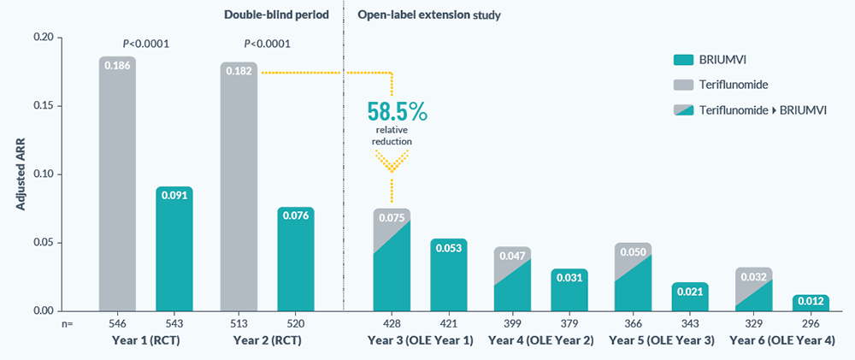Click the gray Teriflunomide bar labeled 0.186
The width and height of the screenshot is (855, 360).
point(117,184)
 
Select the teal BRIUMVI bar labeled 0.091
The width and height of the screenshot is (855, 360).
point(174,249)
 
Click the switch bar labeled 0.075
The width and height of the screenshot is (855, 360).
point(391,261)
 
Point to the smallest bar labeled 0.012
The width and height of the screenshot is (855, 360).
point(811,303)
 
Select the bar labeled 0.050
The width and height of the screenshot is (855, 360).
point(633,278)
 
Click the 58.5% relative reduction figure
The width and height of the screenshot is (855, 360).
point(397,112)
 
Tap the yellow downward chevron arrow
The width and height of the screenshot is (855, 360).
point(392,158)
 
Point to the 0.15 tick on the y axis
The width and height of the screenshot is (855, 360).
point(41,106)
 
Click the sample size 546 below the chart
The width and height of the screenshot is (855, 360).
point(117,325)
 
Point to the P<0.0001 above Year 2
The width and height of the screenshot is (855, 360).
point(267,44)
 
